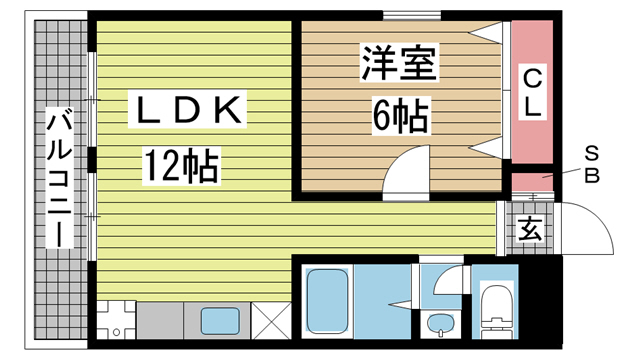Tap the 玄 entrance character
click(x=530, y=228)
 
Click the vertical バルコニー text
click(x=58, y=180)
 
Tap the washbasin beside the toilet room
click(x=438, y=322)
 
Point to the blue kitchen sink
click(x=221, y=321)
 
